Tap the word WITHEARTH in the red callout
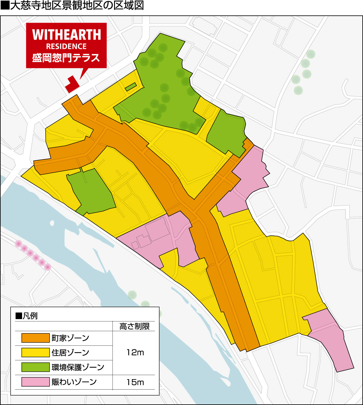[x=66, y=35]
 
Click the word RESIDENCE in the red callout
[x=66, y=47]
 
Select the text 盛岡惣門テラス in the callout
[x=66, y=57]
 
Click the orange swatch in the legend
[x=35, y=338]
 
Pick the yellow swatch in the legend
[x=35, y=352]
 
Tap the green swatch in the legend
[x=35, y=367]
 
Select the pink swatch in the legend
[x=35, y=382]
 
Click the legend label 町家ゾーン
[x=70, y=338]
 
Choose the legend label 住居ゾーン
[x=70, y=352]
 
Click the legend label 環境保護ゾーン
[x=78, y=367]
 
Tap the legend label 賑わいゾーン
[x=74, y=382]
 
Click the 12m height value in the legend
[x=135, y=352]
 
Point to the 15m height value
[x=135, y=382]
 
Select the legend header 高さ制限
[x=135, y=326]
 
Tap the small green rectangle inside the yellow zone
[x=130, y=87]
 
